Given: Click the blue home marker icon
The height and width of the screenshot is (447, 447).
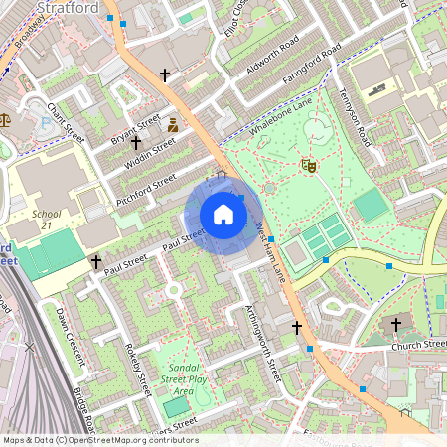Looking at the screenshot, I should tap(223, 215).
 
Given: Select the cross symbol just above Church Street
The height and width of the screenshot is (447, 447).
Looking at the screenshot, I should tap(396, 324).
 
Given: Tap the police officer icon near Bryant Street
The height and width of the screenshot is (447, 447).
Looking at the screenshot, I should tap(173, 125).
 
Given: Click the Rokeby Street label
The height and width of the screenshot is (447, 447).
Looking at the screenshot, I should tap(141, 370).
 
